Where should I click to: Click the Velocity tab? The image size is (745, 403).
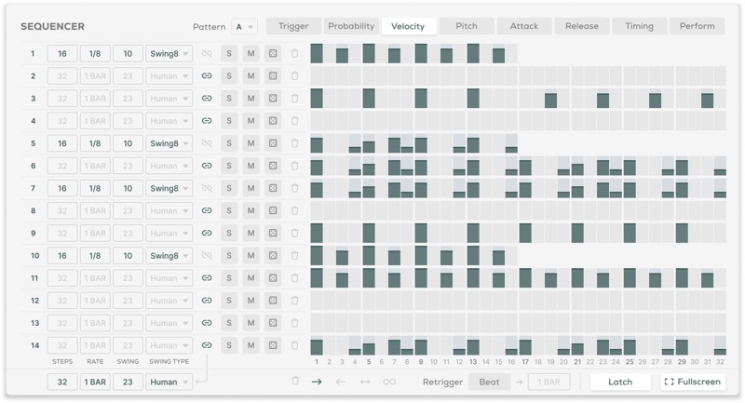tap(409, 26)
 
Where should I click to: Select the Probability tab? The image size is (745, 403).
tap(351, 26)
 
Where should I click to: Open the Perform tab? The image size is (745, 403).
tap(697, 26)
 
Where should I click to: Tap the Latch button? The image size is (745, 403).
tap(619, 382)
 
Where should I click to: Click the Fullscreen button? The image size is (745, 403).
tap(692, 382)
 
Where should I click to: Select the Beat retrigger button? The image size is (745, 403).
tap(489, 382)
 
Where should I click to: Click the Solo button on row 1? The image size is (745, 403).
tap(229, 53)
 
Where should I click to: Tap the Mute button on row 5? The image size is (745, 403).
tap(251, 143)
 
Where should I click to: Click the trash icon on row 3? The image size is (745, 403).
tap(295, 99)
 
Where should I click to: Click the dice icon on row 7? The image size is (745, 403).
tap(273, 188)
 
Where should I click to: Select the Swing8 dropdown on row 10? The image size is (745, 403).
tap(169, 255)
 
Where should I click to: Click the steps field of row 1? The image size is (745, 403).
tap(62, 53)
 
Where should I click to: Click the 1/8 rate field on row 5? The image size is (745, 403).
tap(95, 143)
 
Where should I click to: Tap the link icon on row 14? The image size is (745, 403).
tap(207, 345)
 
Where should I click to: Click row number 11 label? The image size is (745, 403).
tap(34, 278)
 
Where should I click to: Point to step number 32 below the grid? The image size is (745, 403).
tap(720, 362)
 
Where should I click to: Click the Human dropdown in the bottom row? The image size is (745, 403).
tap(169, 382)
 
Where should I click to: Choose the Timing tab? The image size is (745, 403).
tap(639, 26)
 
